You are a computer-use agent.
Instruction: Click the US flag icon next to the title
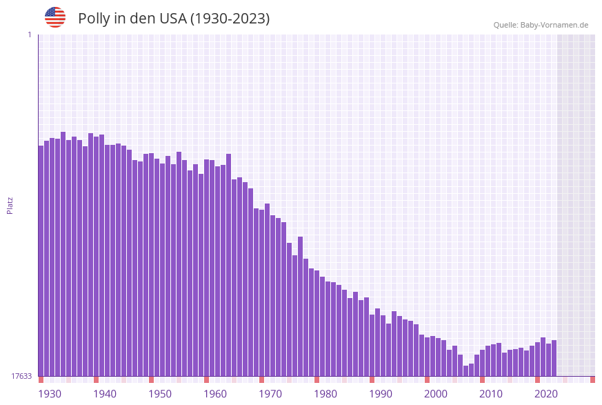55,17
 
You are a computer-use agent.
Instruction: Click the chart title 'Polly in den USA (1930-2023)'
174,19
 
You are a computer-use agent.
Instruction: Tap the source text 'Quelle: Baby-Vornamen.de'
541,25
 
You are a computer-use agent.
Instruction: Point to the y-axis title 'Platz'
10,205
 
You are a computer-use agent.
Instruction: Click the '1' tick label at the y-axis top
29,34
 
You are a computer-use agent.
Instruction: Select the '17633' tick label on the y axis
21,376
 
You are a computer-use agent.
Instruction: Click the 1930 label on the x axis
50,394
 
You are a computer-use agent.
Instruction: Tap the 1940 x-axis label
105,394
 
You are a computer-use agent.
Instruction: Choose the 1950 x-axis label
160,394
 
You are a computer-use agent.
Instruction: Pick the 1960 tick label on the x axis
215,394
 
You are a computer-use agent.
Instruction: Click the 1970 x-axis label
270,394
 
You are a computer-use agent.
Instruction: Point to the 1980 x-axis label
325,394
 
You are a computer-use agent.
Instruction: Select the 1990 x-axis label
381,394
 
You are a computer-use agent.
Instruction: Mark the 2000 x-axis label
436,394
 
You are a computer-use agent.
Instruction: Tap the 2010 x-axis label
491,394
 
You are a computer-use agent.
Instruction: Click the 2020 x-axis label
546,394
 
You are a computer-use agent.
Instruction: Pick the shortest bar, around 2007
465,371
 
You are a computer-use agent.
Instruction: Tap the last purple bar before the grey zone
554,358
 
